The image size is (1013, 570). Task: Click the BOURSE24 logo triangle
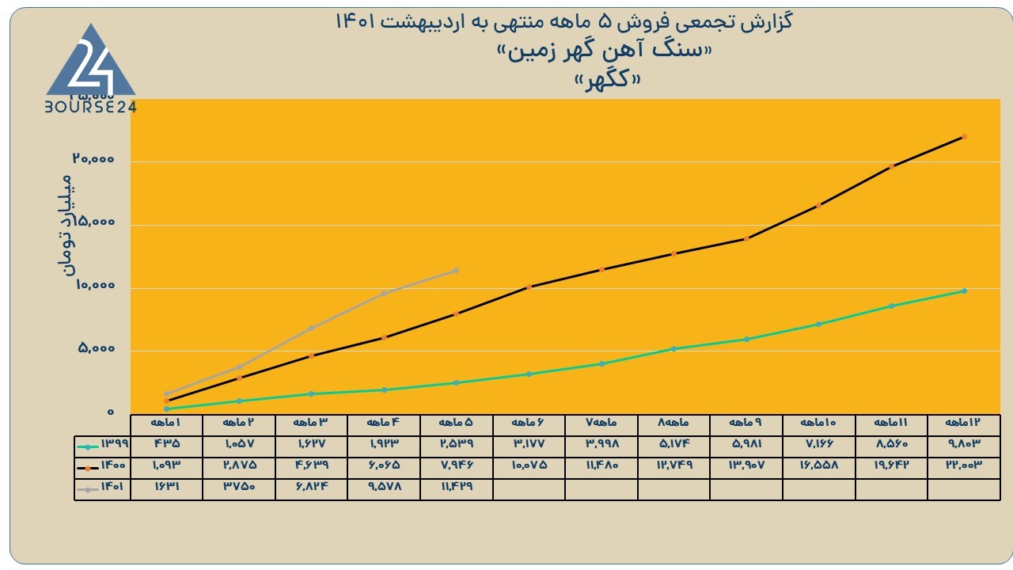pyautogui.click(x=91, y=63)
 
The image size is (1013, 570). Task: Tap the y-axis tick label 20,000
pyautogui.click(x=93, y=159)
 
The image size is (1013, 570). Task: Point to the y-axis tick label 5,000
pyautogui.click(x=97, y=348)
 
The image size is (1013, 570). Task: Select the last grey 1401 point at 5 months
pyautogui.click(x=456, y=271)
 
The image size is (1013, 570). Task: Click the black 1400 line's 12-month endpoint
pyautogui.click(x=964, y=137)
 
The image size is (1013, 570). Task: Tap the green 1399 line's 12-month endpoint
pyautogui.click(x=964, y=291)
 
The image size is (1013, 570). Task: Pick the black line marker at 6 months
pyautogui.click(x=529, y=287)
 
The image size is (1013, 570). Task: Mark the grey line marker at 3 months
pyautogui.click(x=311, y=328)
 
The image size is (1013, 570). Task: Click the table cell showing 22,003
pyautogui.click(x=964, y=465)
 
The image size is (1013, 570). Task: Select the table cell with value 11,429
pyautogui.click(x=457, y=486)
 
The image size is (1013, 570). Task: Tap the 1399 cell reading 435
pyautogui.click(x=167, y=443)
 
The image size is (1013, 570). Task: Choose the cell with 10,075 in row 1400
pyautogui.click(x=529, y=465)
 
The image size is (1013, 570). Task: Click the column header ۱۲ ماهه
pyautogui.click(x=963, y=423)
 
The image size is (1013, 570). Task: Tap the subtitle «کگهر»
pyautogui.click(x=607, y=81)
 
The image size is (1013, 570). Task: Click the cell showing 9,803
pyautogui.click(x=964, y=443)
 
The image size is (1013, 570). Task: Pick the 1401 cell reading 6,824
pyautogui.click(x=312, y=486)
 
